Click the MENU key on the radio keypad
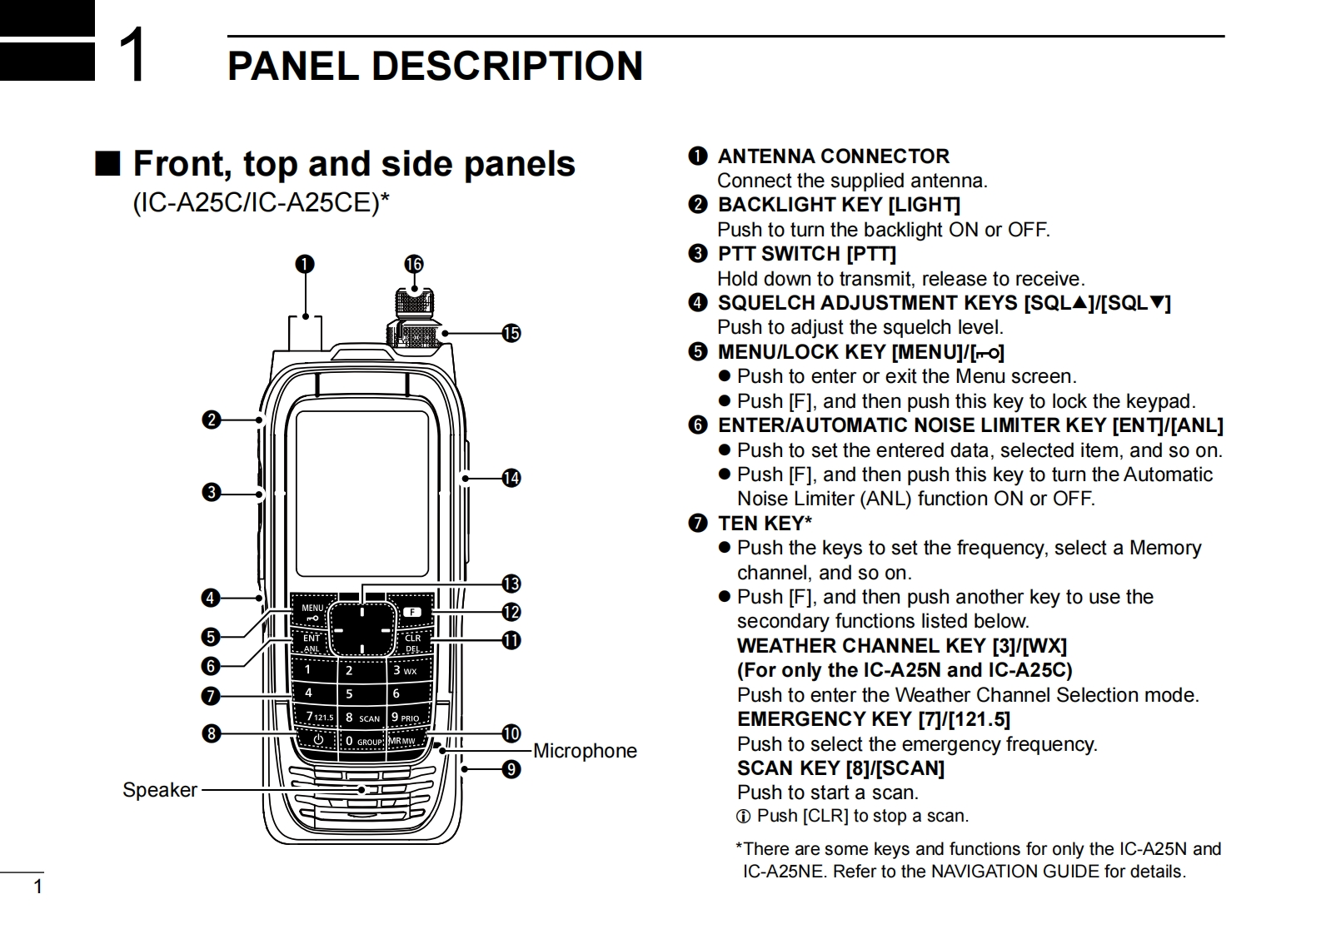click(x=312, y=612)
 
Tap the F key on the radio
click(x=412, y=613)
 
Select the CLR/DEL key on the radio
click(x=412, y=643)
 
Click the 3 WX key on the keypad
click(x=406, y=670)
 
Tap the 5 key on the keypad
click(x=350, y=693)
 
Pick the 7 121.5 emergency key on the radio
click(x=319, y=717)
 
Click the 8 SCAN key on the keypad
click(x=361, y=718)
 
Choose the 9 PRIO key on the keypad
click(x=406, y=718)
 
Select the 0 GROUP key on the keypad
click(x=362, y=741)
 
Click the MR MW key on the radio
click(x=403, y=741)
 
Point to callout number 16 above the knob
click(x=414, y=265)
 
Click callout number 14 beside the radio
click(x=511, y=478)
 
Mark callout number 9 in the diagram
click(x=511, y=768)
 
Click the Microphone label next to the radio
click(x=585, y=751)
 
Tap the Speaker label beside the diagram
click(x=160, y=790)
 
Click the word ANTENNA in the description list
click(x=766, y=156)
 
